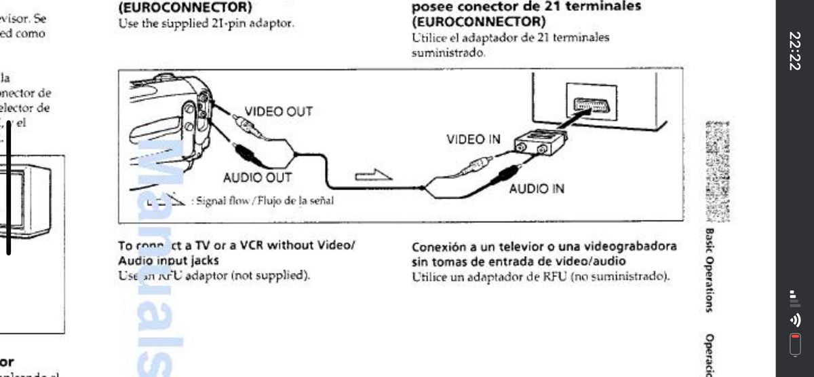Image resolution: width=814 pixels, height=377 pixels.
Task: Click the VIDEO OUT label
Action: click(x=278, y=111)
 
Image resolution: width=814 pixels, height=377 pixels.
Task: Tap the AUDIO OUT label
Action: click(x=257, y=178)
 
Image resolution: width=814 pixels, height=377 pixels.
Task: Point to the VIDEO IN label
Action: click(x=473, y=139)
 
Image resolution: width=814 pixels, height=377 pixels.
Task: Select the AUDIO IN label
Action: click(x=537, y=188)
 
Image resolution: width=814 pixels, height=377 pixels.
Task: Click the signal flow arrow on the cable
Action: click(x=374, y=175)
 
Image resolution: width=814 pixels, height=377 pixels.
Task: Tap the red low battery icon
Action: click(x=795, y=344)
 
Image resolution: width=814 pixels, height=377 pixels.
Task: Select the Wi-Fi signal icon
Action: click(x=794, y=319)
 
